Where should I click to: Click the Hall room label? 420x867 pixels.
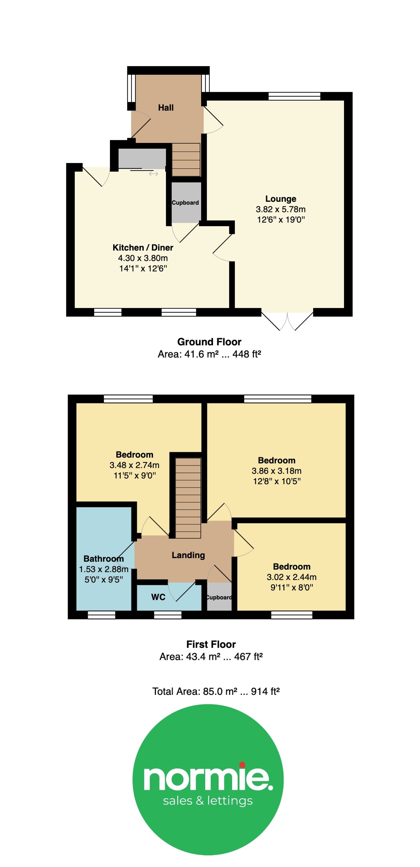pyautogui.click(x=166, y=108)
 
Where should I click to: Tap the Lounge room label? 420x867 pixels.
pyautogui.click(x=281, y=199)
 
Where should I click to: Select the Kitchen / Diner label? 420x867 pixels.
pyautogui.click(x=143, y=248)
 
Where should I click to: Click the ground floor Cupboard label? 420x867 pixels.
pyautogui.click(x=185, y=203)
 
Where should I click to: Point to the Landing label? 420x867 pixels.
pyautogui.click(x=188, y=555)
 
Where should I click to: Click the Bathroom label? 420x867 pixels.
pyautogui.click(x=103, y=559)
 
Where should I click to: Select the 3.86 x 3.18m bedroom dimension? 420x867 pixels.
pyautogui.click(x=277, y=471)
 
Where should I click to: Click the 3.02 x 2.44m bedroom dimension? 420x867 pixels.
pyautogui.click(x=292, y=577)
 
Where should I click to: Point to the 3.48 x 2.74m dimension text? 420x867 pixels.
pyautogui.click(x=134, y=465)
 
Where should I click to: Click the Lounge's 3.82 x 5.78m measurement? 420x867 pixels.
pyautogui.click(x=281, y=209)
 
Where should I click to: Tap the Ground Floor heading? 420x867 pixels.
pyautogui.click(x=209, y=342)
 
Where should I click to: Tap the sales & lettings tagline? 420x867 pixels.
pyautogui.click(x=208, y=801)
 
